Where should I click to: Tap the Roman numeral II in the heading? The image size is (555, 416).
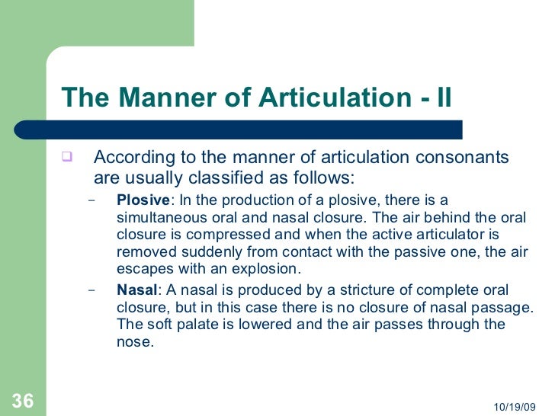(439, 98)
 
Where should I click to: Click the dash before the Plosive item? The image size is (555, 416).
(92, 202)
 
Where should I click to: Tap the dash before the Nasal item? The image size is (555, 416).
(92, 291)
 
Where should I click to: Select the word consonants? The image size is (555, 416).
(466, 158)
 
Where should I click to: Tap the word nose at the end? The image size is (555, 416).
(135, 342)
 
